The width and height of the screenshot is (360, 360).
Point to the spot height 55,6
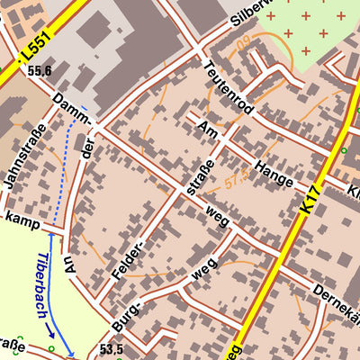(x=40, y=70)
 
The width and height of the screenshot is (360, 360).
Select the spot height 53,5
(x=112, y=348)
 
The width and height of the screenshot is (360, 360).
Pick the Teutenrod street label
(x=227, y=88)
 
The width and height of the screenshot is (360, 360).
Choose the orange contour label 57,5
(x=236, y=179)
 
